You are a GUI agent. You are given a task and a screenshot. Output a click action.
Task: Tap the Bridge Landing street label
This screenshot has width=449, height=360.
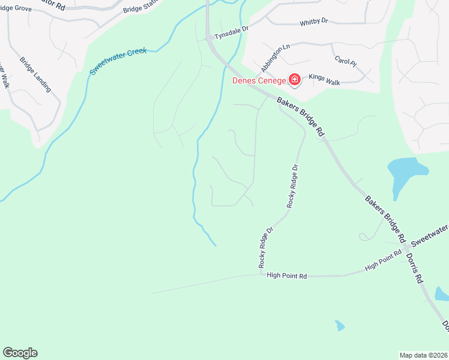pos(35,75)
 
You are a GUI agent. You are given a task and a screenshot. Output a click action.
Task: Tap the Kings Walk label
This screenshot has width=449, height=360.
pos(324,77)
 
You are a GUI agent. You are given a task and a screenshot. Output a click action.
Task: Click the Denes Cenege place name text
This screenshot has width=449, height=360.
pos(260,81)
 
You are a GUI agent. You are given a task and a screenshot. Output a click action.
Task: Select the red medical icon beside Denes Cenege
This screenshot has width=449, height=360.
pos(295,79)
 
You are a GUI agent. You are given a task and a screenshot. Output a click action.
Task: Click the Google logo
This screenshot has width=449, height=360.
pos(20,353)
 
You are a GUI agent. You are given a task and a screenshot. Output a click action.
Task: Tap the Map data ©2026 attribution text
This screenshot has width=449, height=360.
pos(424,355)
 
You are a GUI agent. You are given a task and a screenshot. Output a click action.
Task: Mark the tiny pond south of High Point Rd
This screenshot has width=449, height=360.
pos(340,326)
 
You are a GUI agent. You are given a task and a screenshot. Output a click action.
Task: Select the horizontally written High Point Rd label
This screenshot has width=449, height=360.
pos(287,275)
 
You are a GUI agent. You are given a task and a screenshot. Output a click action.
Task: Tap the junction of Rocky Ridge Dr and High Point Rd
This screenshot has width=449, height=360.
pos(261,275)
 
